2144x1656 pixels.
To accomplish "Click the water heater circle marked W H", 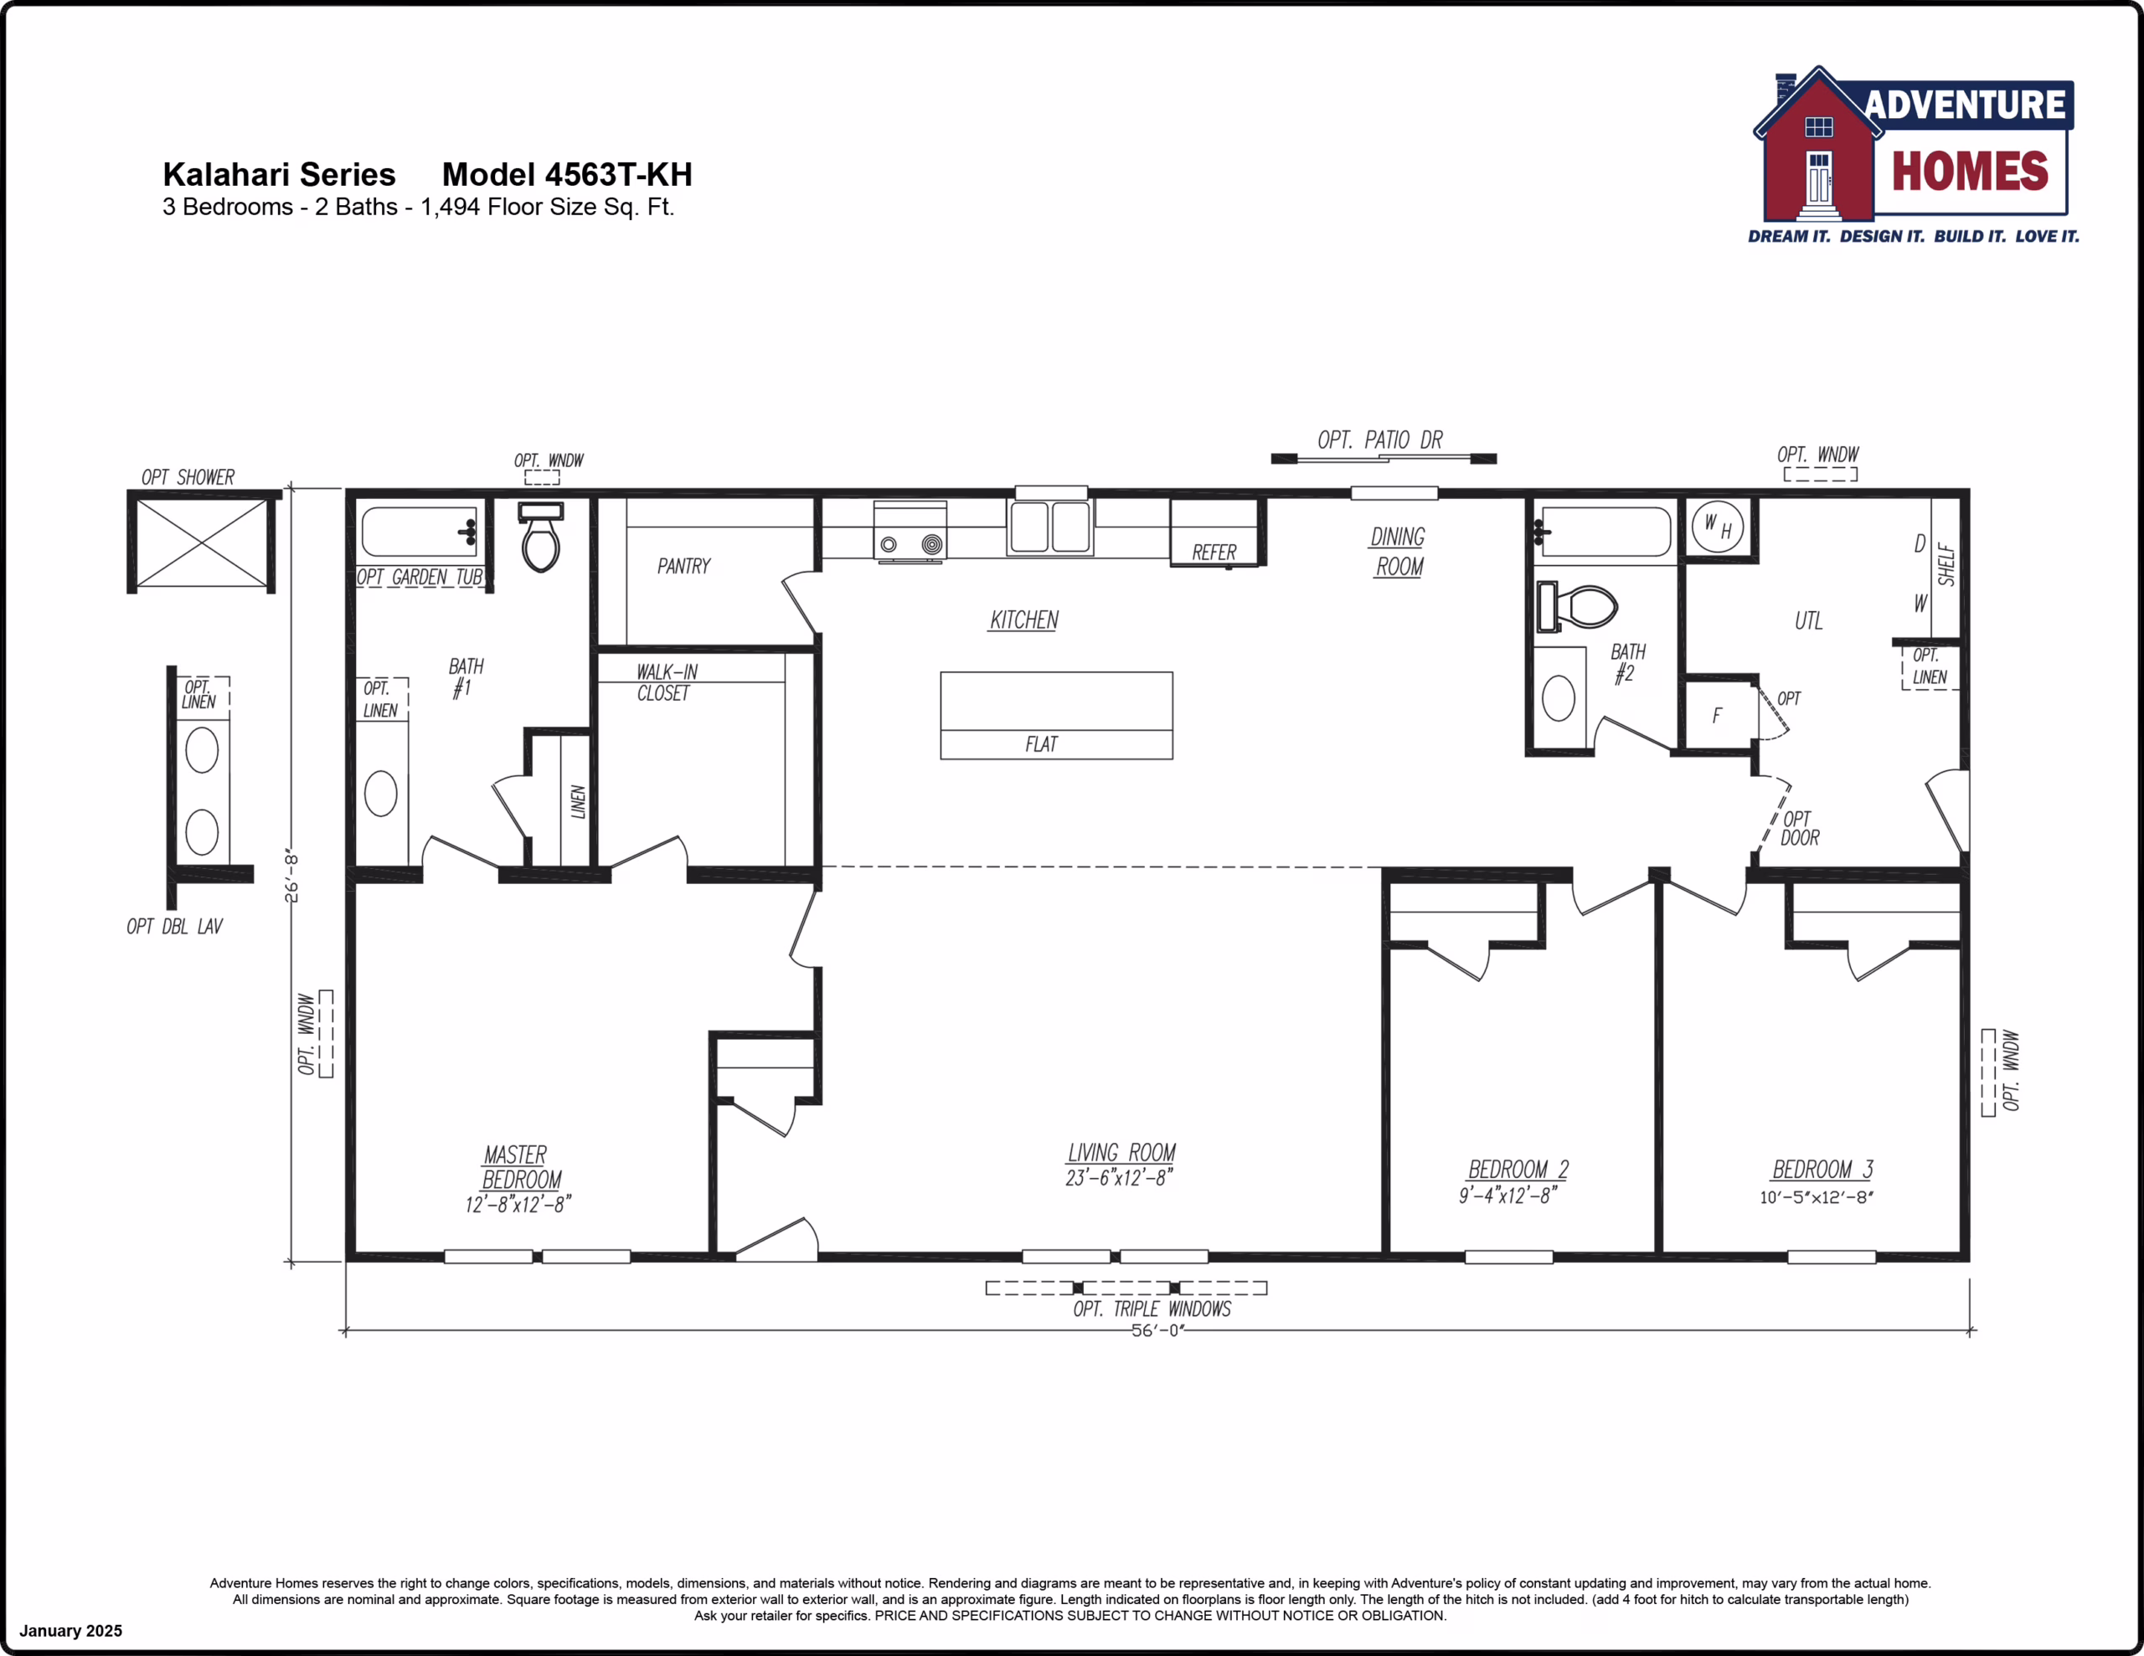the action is click(x=1718, y=527).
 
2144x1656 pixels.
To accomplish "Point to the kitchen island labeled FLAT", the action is click(x=1056, y=716).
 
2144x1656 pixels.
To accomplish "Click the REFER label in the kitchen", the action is click(x=1214, y=553).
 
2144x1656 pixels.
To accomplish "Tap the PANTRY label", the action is click(x=684, y=567).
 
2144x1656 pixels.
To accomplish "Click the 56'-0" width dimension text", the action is click(x=1158, y=1330).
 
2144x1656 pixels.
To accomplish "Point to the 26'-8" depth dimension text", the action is click(x=291, y=877).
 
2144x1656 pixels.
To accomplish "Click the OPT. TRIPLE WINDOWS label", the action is click(x=1152, y=1309).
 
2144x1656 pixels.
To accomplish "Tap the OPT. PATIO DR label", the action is click(x=1380, y=440).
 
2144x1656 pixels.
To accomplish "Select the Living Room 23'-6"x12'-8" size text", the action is click(x=1119, y=1178).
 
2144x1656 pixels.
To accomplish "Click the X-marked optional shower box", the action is click(x=201, y=543).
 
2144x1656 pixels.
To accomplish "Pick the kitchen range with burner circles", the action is click(x=910, y=531).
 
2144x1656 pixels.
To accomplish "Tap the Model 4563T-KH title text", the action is click(x=568, y=175).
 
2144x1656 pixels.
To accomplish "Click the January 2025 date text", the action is click(x=70, y=1631).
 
